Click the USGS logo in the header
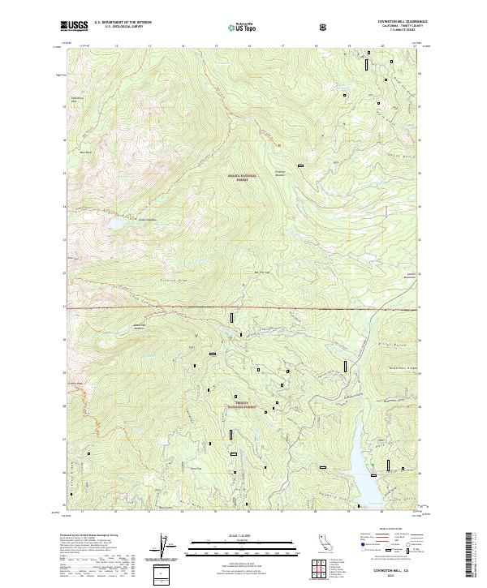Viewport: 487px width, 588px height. point(74,26)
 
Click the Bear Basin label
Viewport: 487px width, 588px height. point(85,152)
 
